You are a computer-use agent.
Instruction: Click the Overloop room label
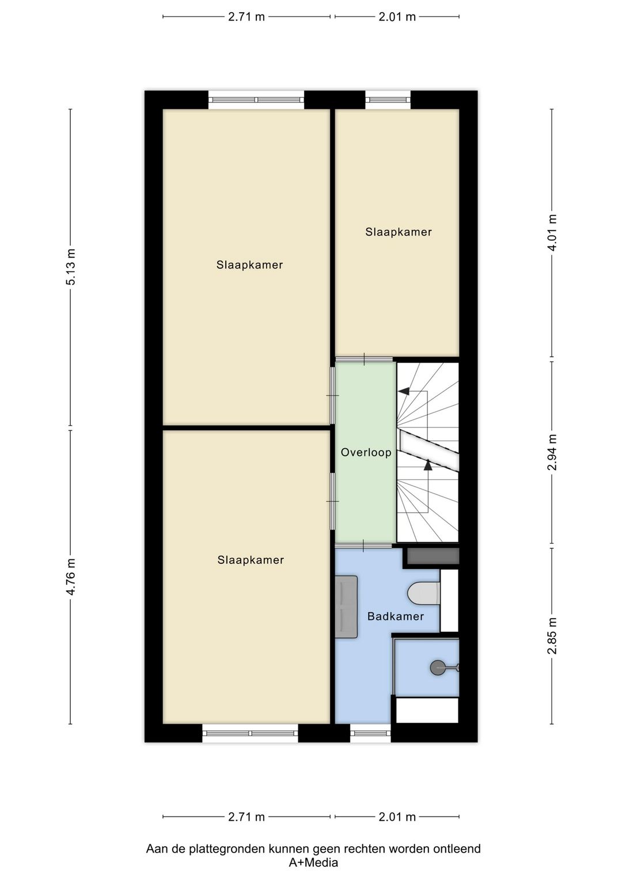(x=366, y=452)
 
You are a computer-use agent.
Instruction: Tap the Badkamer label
(x=396, y=616)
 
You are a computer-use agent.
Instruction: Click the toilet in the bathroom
(x=424, y=593)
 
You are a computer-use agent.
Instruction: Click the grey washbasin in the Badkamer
(x=346, y=607)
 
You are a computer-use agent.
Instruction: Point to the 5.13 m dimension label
(x=71, y=267)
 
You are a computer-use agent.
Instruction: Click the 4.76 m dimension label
(x=71, y=577)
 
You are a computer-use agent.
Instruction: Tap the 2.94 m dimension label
(x=552, y=452)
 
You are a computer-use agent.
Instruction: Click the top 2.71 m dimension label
(x=246, y=17)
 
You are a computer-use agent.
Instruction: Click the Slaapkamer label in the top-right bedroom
(x=399, y=232)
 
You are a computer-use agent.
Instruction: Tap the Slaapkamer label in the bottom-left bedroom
(x=251, y=560)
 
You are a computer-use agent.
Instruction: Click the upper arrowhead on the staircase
(x=404, y=391)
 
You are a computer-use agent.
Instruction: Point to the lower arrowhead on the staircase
(x=428, y=465)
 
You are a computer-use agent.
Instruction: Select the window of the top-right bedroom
(x=388, y=100)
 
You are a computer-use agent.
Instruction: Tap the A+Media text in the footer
(x=313, y=862)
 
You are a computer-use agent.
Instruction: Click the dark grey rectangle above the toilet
(x=433, y=556)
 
